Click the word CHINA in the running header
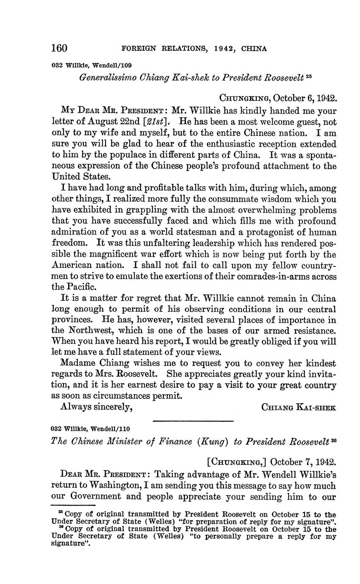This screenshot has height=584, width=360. pyautogui.click(x=254, y=49)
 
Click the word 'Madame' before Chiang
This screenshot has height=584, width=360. pyautogui.click(x=77, y=363)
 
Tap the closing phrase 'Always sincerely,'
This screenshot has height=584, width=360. pyautogui.click(x=97, y=407)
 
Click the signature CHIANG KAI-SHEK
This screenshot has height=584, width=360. pyautogui.click(x=299, y=408)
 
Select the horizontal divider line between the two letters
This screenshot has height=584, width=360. pyautogui.click(x=193, y=421)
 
